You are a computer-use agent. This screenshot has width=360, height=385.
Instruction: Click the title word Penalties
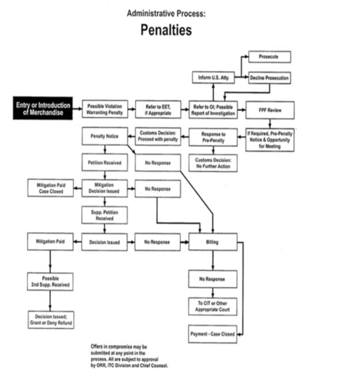[166, 30]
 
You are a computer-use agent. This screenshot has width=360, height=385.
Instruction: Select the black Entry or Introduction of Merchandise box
[43, 109]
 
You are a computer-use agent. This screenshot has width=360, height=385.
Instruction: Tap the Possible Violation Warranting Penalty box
[104, 109]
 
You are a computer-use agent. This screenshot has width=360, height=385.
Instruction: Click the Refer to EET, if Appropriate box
[158, 109]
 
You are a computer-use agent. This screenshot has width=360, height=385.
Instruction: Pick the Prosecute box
[269, 56]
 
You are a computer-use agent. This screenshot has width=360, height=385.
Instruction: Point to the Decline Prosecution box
[269, 78]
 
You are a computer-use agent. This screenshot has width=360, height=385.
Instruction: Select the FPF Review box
[270, 110]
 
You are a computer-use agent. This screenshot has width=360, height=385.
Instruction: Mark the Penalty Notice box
[104, 137]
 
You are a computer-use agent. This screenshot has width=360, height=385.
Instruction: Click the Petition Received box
[104, 163]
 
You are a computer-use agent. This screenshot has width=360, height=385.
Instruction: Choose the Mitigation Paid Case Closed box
[50, 188]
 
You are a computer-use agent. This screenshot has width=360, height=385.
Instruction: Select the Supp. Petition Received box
[104, 215]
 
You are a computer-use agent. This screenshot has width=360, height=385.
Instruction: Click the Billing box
[212, 242]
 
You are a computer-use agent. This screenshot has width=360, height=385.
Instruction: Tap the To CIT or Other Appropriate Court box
[212, 306]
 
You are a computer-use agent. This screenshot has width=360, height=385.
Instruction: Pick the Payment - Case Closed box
[212, 334]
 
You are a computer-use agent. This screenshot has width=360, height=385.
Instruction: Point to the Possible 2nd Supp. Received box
[50, 281]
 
